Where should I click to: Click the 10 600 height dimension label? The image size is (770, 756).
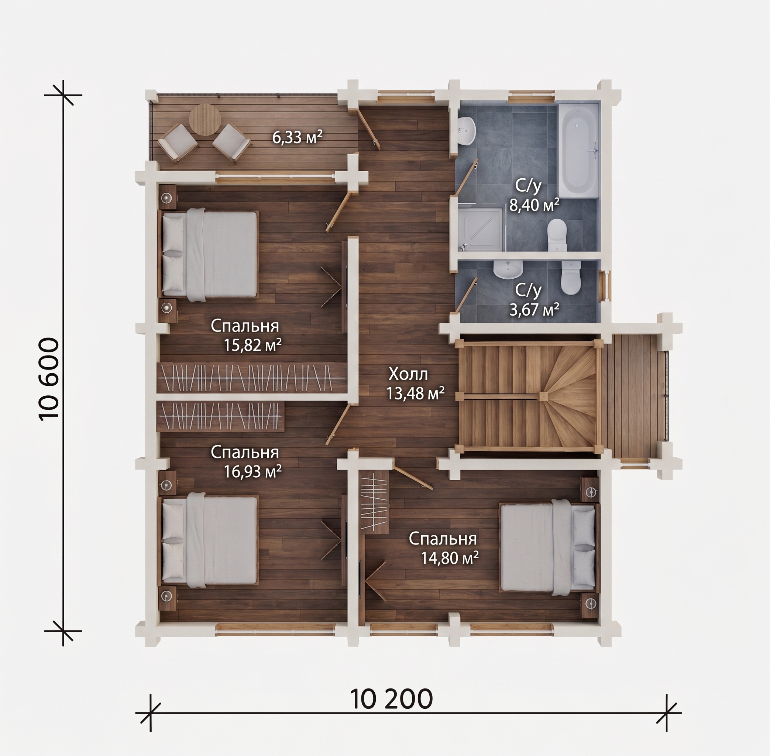point(49,378)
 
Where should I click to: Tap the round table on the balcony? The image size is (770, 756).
point(204,120)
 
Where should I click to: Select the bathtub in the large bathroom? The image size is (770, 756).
point(578,151)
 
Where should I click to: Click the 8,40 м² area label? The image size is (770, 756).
point(534,205)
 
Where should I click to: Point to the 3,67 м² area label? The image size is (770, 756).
point(534,309)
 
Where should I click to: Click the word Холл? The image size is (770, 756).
point(408,374)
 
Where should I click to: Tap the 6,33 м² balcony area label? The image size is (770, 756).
point(297,137)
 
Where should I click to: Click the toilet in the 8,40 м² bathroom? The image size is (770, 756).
point(557,235)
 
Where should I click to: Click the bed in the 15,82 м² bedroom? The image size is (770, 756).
point(209,254)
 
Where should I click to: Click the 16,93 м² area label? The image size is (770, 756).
point(253,471)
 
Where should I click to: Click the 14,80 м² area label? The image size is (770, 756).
point(450,558)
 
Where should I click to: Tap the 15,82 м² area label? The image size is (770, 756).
point(253,345)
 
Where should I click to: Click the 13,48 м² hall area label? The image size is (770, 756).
point(415,394)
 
